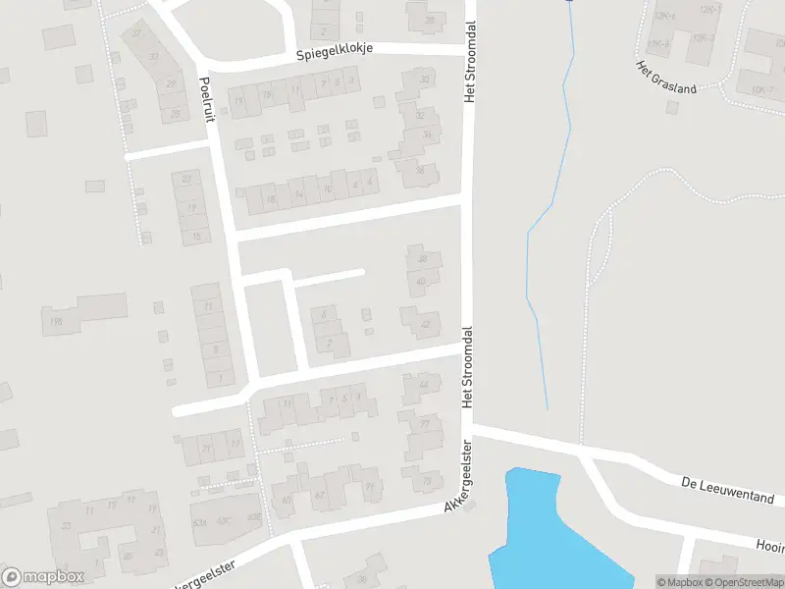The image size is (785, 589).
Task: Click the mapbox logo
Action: pyautogui.click(x=43, y=577)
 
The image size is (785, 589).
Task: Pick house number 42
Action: pyautogui.click(x=425, y=325)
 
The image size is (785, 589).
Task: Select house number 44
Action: pyautogui.click(x=423, y=385)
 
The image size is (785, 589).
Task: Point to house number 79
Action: pyautogui.click(x=426, y=481)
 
